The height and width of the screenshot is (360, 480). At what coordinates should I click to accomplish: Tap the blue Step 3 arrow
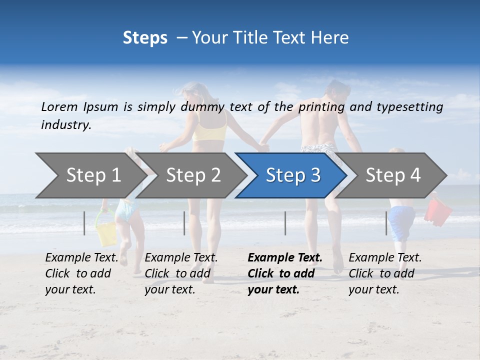pyautogui.click(x=293, y=175)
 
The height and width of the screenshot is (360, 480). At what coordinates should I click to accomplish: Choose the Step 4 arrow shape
pyautogui.click(x=393, y=175)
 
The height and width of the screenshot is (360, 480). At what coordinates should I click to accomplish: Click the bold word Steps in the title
pyautogui.click(x=145, y=37)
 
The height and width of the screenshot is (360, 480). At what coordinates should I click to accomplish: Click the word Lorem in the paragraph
pyautogui.click(x=59, y=106)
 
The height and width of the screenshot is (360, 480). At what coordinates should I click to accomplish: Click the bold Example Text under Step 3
pyautogui.click(x=285, y=257)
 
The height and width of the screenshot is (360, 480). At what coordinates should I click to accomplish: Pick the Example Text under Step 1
pyautogui.click(x=81, y=257)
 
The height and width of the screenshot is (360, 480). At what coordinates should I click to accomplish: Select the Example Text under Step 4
pyautogui.click(x=385, y=257)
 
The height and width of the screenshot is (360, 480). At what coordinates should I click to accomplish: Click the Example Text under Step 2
pyautogui.click(x=181, y=257)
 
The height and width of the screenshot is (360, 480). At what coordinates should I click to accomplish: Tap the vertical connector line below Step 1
pyautogui.click(x=84, y=223)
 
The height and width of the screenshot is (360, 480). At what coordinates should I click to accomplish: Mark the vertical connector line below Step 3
pyautogui.click(x=285, y=223)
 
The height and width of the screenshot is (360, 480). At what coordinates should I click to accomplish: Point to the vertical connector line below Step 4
pyautogui.click(x=386, y=223)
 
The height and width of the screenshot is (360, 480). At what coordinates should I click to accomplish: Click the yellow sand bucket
pyautogui.click(x=106, y=234)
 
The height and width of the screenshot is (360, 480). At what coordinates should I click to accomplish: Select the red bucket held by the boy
pyautogui.click(x=438, y=210)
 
